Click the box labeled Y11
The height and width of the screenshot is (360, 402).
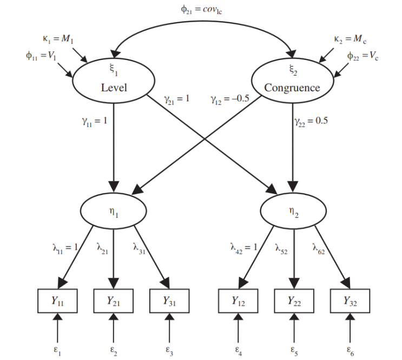click(x=57, y=301)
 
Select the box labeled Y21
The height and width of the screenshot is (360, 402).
click(x=113, y=301)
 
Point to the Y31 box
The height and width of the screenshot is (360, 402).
click(x=169, y=301)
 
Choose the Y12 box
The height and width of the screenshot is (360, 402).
click(x=238, y=301)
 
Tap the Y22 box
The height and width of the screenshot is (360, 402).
click(x=294, y=301)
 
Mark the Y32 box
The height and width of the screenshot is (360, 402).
click(x=350, y=301)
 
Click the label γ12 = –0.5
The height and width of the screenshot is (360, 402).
click(x=230, y=99)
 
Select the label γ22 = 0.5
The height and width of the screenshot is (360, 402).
click(x=311, y=122)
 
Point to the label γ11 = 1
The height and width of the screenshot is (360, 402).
click(x=95, y=122)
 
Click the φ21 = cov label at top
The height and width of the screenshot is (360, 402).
click(x=201, y=10)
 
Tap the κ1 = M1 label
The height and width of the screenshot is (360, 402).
click(x=58, y=39)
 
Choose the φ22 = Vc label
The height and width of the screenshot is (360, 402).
click(x=363, y=56)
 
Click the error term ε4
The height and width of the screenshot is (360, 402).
click(x=238, y=351)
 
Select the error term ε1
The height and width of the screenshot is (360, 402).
click(x=57, y=351)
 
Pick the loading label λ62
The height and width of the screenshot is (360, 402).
click(x=319, y=248)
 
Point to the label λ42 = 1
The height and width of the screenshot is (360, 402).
click(x=244, y=248)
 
